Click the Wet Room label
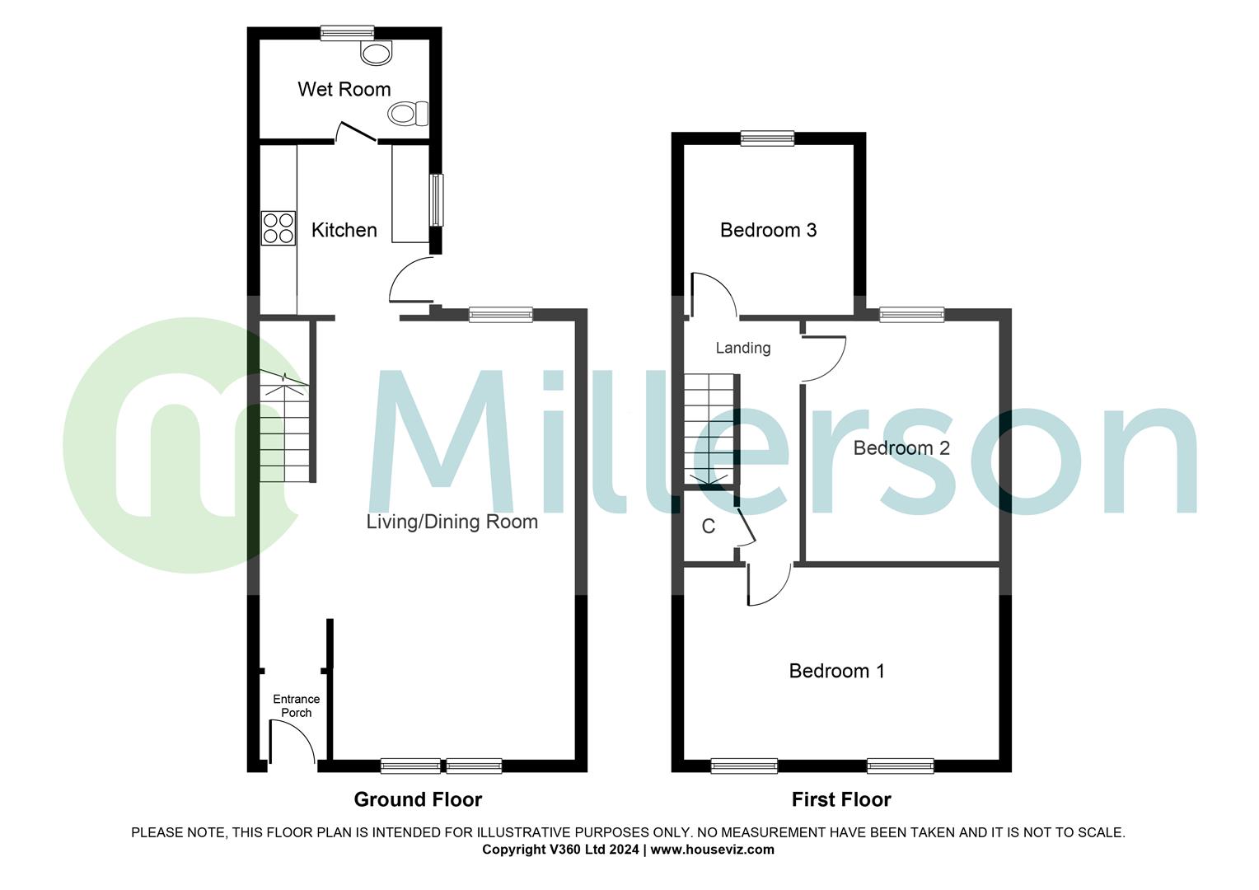click(x=344, y=89)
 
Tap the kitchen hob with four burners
click(x=278, y=228)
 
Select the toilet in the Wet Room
click(x=409, y=114)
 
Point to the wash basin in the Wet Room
click(x=377, y=54)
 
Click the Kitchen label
click(x=344, y=230)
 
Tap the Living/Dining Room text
click(x=452, y=522)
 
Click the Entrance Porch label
click(x=296, y=706)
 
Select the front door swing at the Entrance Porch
click(x=292, y=741)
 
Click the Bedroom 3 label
click(x=768, y=230)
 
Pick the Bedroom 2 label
click(x=901, y=448)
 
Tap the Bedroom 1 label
click(x=836, y=671)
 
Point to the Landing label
click(x=742, y=348)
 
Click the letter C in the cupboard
click(x=708, y=527)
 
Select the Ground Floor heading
click(x=418, y=799)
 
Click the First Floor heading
click(x=841, y=799)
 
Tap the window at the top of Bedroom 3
click(x=767, y=138)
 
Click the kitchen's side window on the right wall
click(x=436, y=200)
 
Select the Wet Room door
click(x=357, y=132)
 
